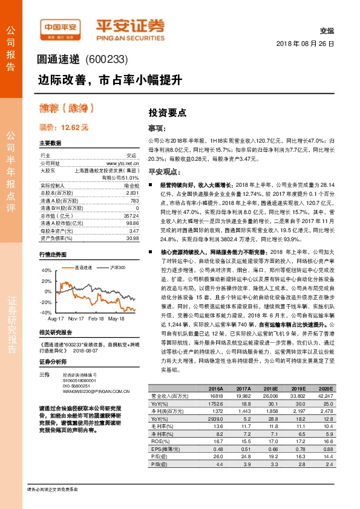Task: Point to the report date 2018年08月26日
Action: [305, 45]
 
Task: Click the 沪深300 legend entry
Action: [117, 267]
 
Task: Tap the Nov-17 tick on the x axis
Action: [76, 317]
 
